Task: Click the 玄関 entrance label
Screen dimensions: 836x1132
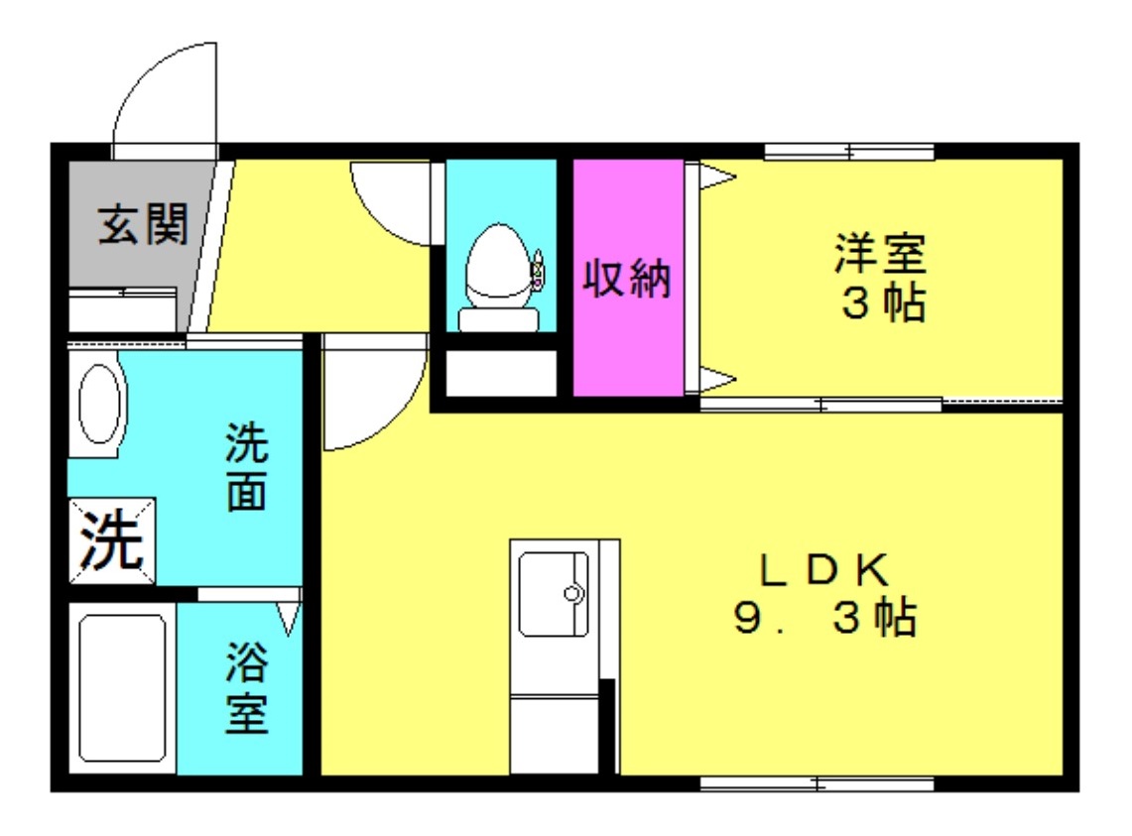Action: pos(142,226)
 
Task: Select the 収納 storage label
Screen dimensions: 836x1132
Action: pos(627,280)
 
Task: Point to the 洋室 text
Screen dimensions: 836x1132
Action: pos(879,253)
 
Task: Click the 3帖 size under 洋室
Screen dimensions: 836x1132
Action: pos(883,303)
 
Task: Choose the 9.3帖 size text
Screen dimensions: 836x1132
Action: pos(823,620)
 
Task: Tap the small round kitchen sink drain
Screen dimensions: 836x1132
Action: pos(572,594)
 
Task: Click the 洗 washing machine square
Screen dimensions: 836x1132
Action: pos(112,540)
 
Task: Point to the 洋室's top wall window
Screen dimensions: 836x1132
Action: pos(849,152)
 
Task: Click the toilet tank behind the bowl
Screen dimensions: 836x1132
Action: pos(498,318)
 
